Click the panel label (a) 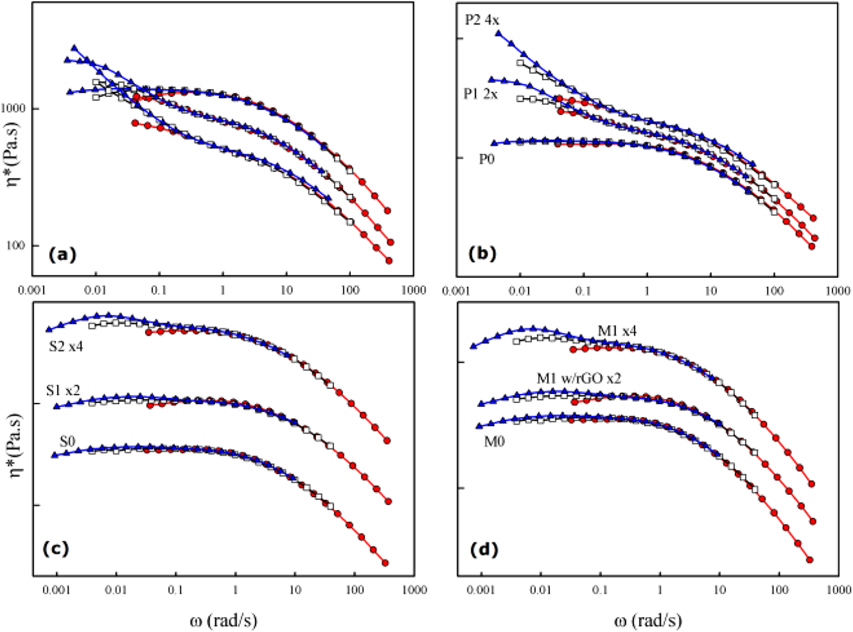click(63, 255)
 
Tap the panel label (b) click(482, 254)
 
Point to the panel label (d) click(484, 549)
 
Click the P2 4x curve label click(482, 20)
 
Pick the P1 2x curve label click(480, 94)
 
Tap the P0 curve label click(486, 159)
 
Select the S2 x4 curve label click(66, 346)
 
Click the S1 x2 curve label click(63, 390)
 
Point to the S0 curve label click(68, 441)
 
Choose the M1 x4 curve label click(617, 331)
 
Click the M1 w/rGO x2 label click(579, 378)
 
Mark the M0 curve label click(494, 442)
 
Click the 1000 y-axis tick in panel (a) click(14, 108)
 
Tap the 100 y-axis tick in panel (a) click(16, 245)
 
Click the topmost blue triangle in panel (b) click(499, 33)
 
